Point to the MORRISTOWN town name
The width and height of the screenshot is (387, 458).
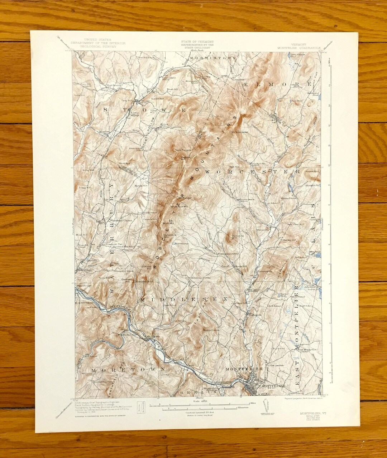[x=213, y=58]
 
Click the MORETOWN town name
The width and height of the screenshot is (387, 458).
[x=128, y=369]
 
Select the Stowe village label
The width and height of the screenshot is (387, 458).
[x=145, y=101]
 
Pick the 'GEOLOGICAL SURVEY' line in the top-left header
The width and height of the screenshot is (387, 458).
[x=97, y=47]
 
